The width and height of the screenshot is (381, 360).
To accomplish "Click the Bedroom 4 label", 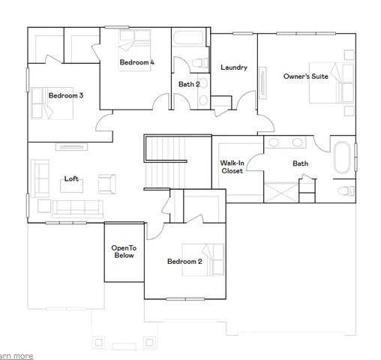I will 136,64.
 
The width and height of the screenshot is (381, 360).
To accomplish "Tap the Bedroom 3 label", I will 65,96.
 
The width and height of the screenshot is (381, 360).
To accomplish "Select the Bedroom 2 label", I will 184,262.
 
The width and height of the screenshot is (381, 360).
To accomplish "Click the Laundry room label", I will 234,67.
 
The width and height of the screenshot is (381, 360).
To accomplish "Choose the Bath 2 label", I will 189,84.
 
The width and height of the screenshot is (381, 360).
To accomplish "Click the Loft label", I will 71,178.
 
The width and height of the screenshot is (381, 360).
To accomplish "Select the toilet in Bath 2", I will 198,63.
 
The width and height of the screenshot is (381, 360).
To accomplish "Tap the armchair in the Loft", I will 106,183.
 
